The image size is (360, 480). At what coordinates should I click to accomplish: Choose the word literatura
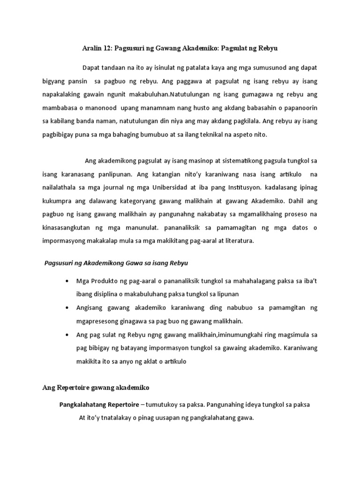pyautogui.click(x=236, y=241)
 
